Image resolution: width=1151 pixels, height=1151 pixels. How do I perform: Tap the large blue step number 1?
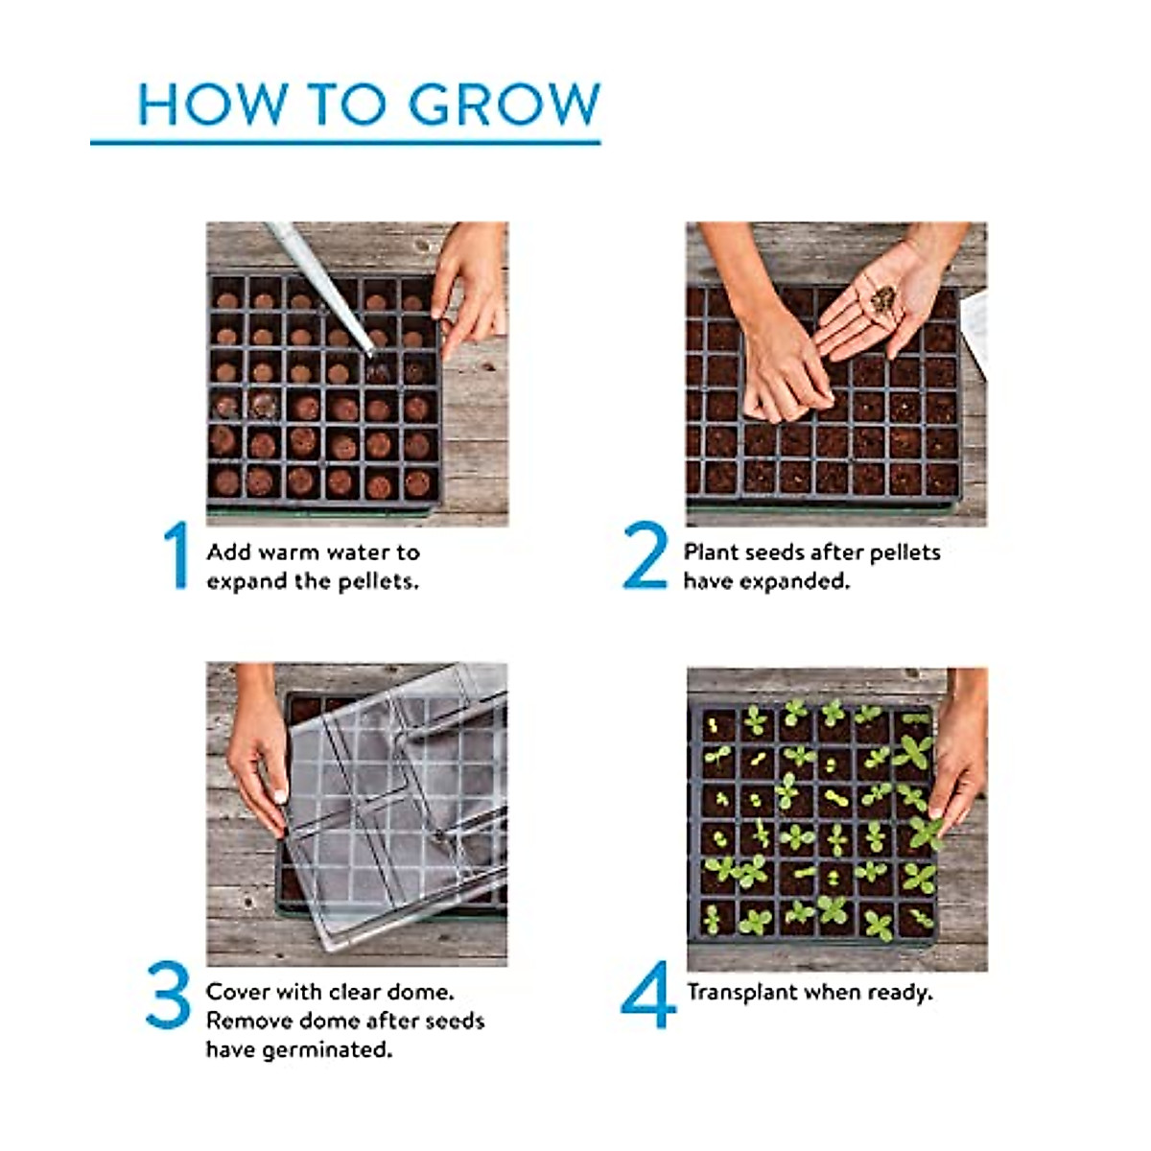[176, 555]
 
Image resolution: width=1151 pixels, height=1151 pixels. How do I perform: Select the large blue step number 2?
[645, 555]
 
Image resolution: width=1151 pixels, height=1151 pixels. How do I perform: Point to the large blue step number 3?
[169, 995]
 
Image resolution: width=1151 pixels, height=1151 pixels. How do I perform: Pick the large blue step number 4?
[647, 995]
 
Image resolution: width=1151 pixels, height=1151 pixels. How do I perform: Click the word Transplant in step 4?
[741, 993]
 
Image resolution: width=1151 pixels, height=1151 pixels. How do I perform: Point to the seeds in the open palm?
[883, 299]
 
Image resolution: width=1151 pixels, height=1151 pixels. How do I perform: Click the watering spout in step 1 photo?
[326, 288]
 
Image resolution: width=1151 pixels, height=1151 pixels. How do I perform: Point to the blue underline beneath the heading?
[345, 143]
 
